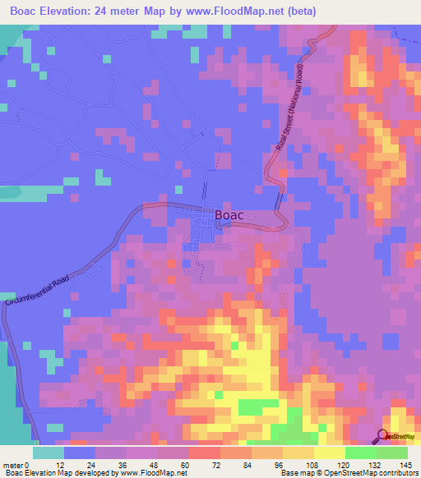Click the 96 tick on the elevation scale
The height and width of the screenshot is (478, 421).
[283, 466]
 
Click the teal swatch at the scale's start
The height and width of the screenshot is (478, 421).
[49, 453]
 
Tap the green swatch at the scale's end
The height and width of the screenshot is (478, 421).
[392, 453]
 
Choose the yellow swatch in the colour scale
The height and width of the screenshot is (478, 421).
[329, 453]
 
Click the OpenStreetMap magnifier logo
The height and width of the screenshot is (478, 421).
[383, 437]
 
